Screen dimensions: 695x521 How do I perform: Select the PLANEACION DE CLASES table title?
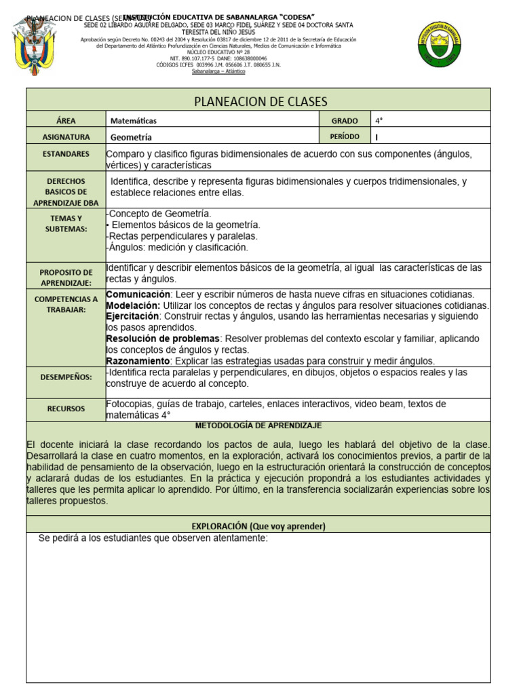[260, 101]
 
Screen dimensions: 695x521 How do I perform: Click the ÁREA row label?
[66, 120]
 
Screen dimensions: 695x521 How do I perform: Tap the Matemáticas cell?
[134, 121]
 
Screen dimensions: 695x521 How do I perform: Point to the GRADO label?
[345, 120]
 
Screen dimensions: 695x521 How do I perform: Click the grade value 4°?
[379, 121]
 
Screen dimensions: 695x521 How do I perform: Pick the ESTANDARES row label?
[66, 154]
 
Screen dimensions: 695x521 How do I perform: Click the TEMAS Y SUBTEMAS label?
[66, 223]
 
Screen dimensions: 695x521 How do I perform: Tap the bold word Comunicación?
[138, 295]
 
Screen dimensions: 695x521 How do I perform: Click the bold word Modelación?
[133, 305]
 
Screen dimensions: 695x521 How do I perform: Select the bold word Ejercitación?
[133, 316]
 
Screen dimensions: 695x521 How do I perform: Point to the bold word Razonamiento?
[138, 360]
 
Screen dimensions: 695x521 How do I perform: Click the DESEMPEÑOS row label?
[66, 377]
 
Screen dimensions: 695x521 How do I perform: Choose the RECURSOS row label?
[66, 409]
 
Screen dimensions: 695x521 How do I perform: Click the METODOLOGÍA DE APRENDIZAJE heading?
[258, 426]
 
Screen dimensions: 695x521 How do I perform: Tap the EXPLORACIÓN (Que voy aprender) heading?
[258, 526]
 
